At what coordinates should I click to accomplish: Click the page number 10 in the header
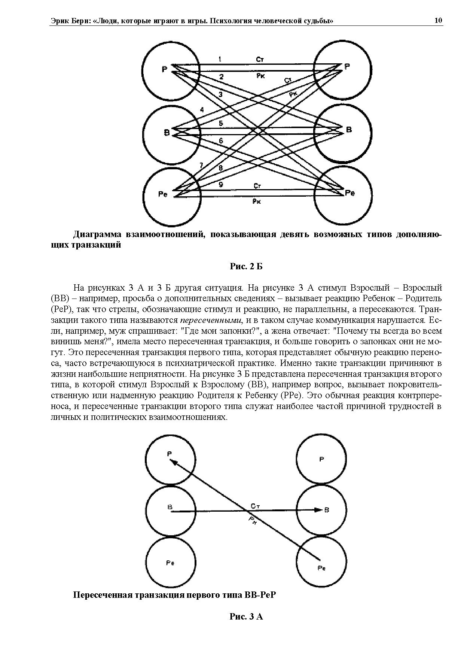(438, 20)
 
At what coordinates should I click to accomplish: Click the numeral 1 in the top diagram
(220, 59)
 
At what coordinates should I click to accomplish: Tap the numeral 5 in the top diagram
(221, 123)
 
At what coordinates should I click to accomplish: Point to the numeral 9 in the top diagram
(221, 184)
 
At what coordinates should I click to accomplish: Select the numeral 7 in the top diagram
(201, 165)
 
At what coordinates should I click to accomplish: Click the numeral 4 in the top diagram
(202, 110)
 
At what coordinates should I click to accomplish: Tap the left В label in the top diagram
(167, 133)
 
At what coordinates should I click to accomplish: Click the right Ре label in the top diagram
(349, 193)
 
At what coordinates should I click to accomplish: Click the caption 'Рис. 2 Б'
(246, 266)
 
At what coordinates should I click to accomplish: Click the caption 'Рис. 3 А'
(246, 617)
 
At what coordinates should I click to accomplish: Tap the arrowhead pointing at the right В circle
(318, 510)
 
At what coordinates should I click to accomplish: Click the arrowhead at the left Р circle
(174, 462)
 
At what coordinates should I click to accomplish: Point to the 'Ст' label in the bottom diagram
(256, 506)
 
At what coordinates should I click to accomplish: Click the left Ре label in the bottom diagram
(170, 563)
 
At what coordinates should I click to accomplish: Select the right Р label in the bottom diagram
(321, 459)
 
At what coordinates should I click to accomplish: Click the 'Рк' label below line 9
(257, 202)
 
